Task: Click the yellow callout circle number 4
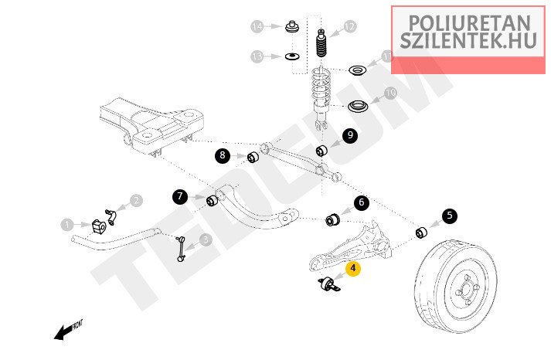point(352,270)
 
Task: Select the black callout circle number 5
point(450,217)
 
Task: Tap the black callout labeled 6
point(361,204)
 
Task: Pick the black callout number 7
point(180,197)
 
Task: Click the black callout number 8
point(223,156)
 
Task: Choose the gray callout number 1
point(67,225)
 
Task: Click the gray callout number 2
point(136,201)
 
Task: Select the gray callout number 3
point(206,239)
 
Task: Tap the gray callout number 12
point(349,27)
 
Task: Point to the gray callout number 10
point(390,93)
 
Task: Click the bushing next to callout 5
point(422,231)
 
